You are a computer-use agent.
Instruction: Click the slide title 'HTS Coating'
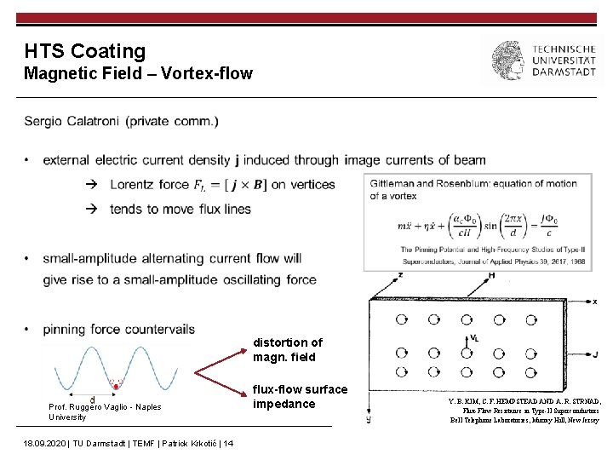click(x=85, y=51)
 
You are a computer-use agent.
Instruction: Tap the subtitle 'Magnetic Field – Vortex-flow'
click(x=138, y=73)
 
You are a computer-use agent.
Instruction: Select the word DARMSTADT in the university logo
click(x=564, y=73)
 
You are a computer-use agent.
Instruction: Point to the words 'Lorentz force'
click(x=149, y=184)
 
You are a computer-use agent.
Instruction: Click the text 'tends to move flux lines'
click(x=180, y=209)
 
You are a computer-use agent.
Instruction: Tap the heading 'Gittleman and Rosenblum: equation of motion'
click(x=473, y=183)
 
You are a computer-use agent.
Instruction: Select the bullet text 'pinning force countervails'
click(x=118, y=329)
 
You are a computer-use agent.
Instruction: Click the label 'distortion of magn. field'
click(x=288, y=349)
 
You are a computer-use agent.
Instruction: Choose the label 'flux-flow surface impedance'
click(x=300, y=396)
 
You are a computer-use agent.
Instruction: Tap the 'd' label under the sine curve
click(x=91, y=400)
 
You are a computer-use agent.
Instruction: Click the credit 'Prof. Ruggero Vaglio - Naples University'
click(x=104, y=411)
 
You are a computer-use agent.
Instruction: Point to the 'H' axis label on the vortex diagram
click(x=491, y=275)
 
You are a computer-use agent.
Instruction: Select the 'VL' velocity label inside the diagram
click(x=475, y=338)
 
